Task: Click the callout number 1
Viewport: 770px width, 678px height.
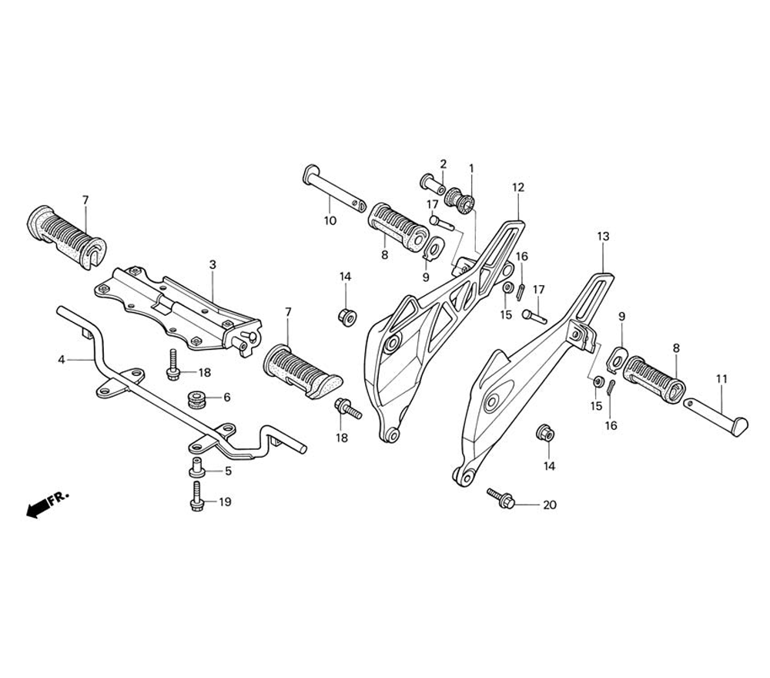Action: (x=471, y=167)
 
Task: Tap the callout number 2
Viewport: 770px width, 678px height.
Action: (x=444, y=163)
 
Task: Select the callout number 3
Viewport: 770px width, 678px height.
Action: (x=213, y=264)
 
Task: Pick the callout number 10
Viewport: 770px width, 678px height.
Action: (x=330, y=220)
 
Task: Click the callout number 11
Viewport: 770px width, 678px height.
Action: (x=721, y=378)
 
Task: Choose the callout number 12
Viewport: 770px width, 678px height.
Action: (x=517, y=187)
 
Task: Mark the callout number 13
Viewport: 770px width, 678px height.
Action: (x=603, y=237)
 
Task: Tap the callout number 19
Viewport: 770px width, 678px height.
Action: (x=225, y=502)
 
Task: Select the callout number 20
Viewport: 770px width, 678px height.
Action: (x=549, y=505)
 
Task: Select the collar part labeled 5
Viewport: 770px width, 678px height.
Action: (x=196, y=468)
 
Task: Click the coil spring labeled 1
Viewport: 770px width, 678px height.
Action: (x=464, y=202)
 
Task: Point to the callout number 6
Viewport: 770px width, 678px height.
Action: (x=227, y=398)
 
